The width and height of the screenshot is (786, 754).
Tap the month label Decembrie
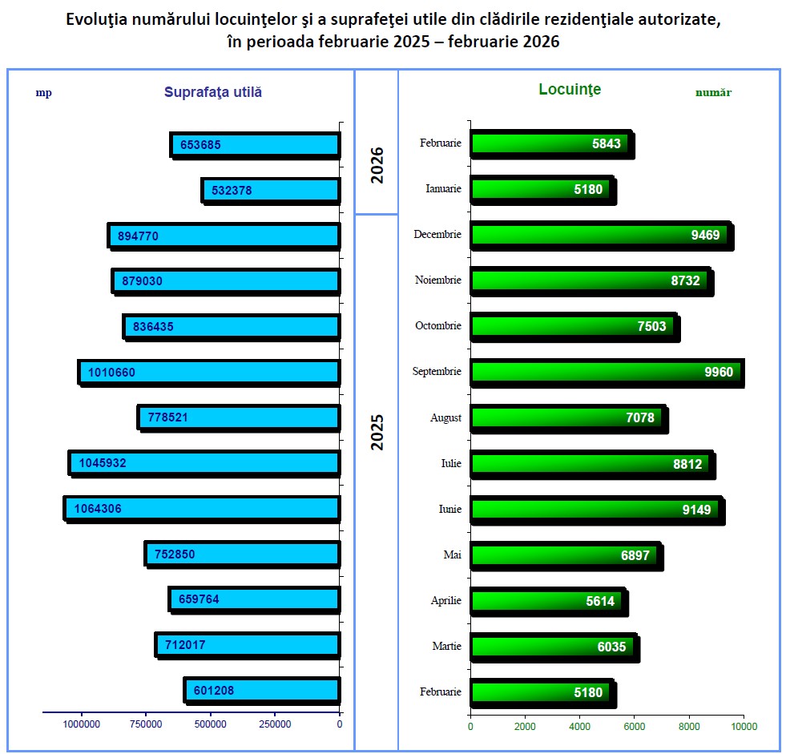click(437, 235)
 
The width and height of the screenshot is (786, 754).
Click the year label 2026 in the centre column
click(377, 165)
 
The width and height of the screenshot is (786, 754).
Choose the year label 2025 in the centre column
click(377, 432)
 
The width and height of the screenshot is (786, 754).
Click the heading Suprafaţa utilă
click(213, 92)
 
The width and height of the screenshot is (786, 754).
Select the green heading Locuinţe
click(570, 90)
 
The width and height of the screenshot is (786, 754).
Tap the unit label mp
click(43, 92)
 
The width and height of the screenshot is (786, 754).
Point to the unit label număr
click(713, 93)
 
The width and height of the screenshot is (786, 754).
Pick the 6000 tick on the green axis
click(634, 727)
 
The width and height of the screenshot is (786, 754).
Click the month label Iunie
click(449, 509)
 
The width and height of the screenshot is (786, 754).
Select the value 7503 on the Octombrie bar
click(651, 326)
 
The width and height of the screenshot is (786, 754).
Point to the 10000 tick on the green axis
click(744, 727)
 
